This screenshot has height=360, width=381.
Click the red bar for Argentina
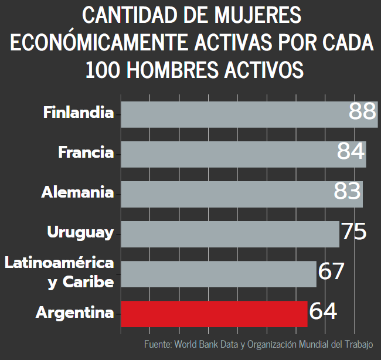[x=214, y=313]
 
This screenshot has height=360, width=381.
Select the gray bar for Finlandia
[x=234, y=114]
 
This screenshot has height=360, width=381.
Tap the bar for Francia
[x=229, y=154]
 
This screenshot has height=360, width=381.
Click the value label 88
[x=362, y=111]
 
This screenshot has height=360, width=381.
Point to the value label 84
[x=351, y=151]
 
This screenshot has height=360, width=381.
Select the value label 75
[x=353, y=231]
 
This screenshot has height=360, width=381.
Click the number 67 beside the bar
[x=331, y=271]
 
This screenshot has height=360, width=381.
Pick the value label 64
[x=323, y=311]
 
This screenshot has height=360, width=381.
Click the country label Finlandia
[x=79, y=112]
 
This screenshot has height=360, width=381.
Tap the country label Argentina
[x=75, y=313]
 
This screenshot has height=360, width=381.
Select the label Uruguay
[x=80, y=232]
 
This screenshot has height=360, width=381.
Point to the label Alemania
[x=77, y=192]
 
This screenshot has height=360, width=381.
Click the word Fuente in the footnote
[x=157, y=344]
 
